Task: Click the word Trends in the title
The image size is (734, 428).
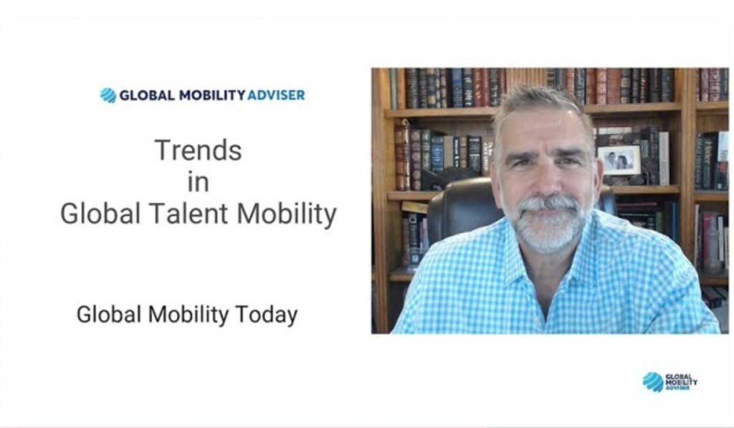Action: pos(199,151)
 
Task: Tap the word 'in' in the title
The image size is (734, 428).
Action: pos(198,182)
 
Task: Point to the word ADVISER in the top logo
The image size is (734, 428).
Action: pos(276,95)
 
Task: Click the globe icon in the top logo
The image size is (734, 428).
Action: pos(108,95)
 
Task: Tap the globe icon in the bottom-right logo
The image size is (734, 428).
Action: pos(652,381)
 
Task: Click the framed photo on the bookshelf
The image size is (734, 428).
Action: pos(619,161)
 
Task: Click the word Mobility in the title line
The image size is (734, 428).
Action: pos(287,214)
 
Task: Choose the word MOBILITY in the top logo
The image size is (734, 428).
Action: pos(212,95)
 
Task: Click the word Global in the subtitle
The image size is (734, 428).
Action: pos(109,315)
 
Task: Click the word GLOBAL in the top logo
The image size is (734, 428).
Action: pos(148,95)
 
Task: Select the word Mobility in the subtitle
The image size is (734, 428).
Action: pos(189,315)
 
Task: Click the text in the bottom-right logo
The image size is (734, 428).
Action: pos(681,381)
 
